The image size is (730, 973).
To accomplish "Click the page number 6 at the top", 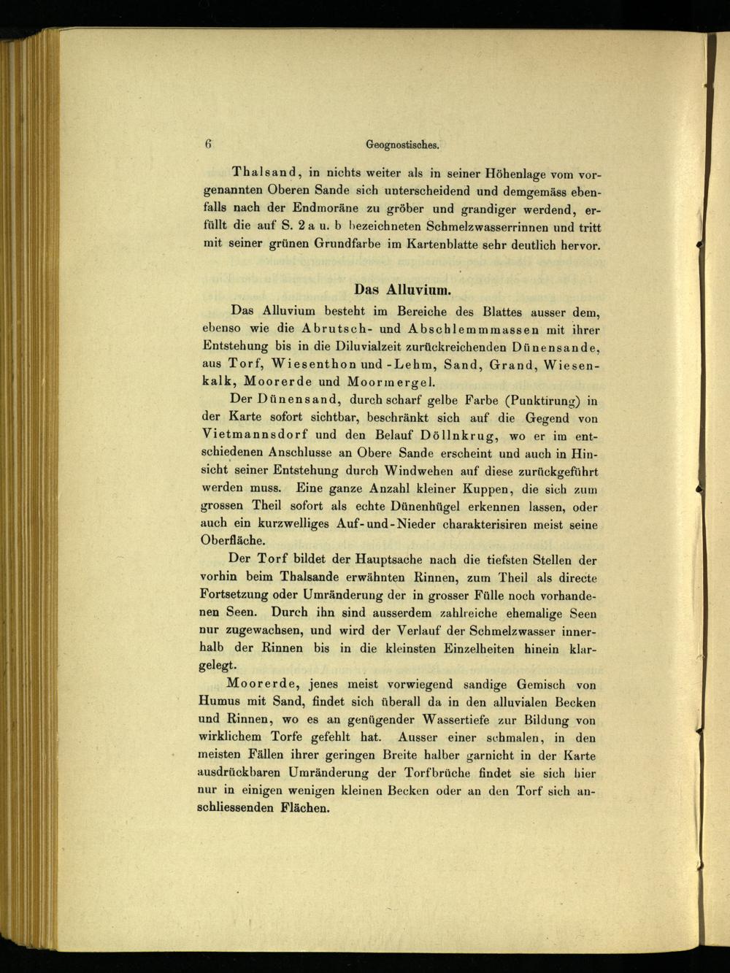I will click(208, 144).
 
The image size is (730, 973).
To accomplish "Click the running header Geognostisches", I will click(402, 145).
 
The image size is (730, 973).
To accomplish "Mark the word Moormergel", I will click(391, 381).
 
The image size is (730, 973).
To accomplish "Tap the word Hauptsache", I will click(372, 561).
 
